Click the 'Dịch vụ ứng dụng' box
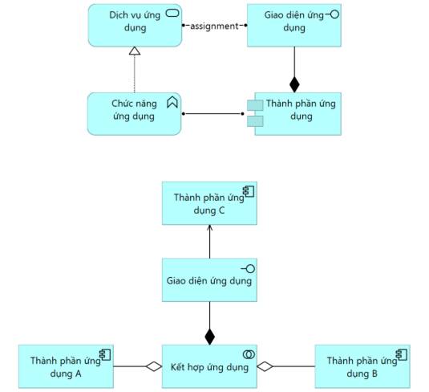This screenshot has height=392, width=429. point(135,25)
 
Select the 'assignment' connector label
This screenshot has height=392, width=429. point(214,26)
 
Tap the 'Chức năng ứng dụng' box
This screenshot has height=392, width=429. point(135,114)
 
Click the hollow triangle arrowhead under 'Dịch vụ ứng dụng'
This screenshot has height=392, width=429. point(135,51)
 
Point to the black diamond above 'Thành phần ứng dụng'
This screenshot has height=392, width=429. point(294,84)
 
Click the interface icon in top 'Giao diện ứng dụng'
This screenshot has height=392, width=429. point(333,14)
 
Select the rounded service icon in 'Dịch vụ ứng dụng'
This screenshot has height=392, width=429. point(172,13)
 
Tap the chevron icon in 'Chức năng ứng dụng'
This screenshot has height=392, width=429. point(172,102)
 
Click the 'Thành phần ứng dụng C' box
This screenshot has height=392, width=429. point(209,203)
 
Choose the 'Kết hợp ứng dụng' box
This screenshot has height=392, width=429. point(209,366)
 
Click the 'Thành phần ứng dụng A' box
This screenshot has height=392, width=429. point(66,366)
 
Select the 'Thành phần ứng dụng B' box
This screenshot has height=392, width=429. point(362,366)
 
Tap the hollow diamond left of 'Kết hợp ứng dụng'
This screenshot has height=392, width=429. point(154,366)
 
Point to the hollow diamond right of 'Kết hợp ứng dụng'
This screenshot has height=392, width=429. point(265,366)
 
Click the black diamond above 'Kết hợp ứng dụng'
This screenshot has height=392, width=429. point(210,337)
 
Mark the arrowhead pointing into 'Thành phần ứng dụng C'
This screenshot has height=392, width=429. point(210,228)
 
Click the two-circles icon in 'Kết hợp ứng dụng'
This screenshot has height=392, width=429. point(249,354)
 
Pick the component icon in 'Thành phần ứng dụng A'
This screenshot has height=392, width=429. point(105,355)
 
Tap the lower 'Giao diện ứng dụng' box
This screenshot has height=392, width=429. point(209,280)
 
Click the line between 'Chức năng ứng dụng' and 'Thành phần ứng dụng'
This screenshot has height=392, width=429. point(212,114)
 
